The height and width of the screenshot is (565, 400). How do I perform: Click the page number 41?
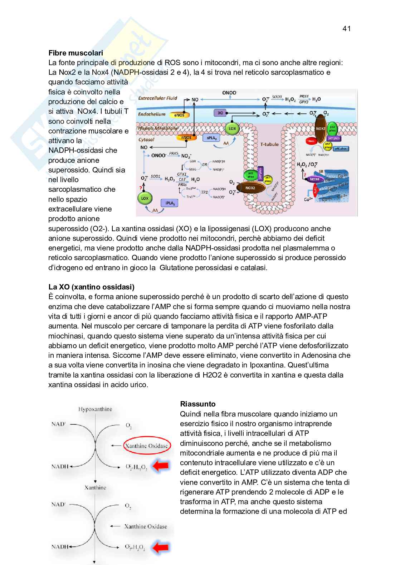click(x=346, y=29)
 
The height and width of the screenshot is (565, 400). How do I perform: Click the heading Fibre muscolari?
click(x=75, y=53)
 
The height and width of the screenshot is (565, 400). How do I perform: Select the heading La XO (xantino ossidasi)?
click(x=91, y=287)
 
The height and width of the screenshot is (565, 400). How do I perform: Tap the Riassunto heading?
click(x=197, y=404)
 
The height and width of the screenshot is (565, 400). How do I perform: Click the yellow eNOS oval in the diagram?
click(x=179, y=115)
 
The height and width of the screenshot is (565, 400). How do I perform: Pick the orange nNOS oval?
click(x=186, y=137)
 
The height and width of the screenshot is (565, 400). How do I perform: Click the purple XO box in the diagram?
click(x=220, y=113)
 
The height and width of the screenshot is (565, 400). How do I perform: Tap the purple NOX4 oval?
click(x=314, y=179)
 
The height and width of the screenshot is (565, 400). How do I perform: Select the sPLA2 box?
click(x=211, y=138)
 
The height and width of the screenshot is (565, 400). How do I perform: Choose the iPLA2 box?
click(x=170, y=203)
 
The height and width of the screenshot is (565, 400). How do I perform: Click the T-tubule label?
click(x=269, y=144)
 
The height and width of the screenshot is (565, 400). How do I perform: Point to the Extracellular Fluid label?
click(x=157, y=98)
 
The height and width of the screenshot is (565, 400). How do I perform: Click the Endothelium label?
click(x=152, y=115)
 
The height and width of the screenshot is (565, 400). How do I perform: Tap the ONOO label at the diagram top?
click(x=229, y=93)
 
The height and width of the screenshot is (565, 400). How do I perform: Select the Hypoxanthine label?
click(x=95, y=409)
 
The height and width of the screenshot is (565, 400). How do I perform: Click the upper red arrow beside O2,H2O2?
click(x=160, y=466)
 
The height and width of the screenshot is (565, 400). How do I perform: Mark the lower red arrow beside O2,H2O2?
click(x=160, y=547)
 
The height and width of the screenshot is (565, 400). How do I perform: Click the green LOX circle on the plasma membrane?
click(x=232, y=128)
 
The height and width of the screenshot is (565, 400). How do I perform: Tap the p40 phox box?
click(x=341, y=148)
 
